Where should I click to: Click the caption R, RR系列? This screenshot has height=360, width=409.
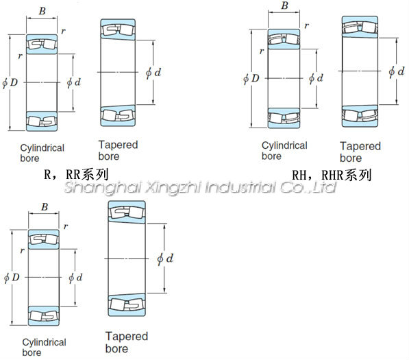click(76, 174)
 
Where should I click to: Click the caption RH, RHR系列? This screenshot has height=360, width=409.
click(332, 175)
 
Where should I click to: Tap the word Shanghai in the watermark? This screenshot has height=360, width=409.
click(103, 187)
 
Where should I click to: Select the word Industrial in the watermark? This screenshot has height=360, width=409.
click(240, 187)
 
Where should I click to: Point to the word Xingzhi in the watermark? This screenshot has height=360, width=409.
click(173, 187)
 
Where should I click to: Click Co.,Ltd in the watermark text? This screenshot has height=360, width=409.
click(308, 187)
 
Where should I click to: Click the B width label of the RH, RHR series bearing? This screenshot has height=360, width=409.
click(284, 5)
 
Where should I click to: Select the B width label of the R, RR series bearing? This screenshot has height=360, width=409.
click(42, 11)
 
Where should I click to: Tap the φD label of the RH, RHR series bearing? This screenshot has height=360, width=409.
click(251, 78)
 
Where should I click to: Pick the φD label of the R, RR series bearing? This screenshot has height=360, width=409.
click(10, 82)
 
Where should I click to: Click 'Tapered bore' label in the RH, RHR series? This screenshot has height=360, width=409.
click(360, 152)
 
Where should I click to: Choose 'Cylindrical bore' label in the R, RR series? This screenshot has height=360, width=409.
click(42, 153)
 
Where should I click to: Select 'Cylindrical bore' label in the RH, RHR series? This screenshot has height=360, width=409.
click(284, 151)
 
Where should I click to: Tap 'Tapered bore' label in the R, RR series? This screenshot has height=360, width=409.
click(118, 150)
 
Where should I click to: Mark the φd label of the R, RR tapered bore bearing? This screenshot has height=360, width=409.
click(153, 73)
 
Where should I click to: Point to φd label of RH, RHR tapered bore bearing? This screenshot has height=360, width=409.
click(396, 71)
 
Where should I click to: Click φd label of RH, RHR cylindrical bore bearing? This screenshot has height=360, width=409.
click(316, 78)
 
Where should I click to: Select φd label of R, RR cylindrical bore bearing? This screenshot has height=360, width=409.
click(74, 82)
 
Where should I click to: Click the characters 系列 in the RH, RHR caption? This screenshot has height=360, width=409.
click(358, 175)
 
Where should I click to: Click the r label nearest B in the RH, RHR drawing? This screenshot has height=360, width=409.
click(306, 25)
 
